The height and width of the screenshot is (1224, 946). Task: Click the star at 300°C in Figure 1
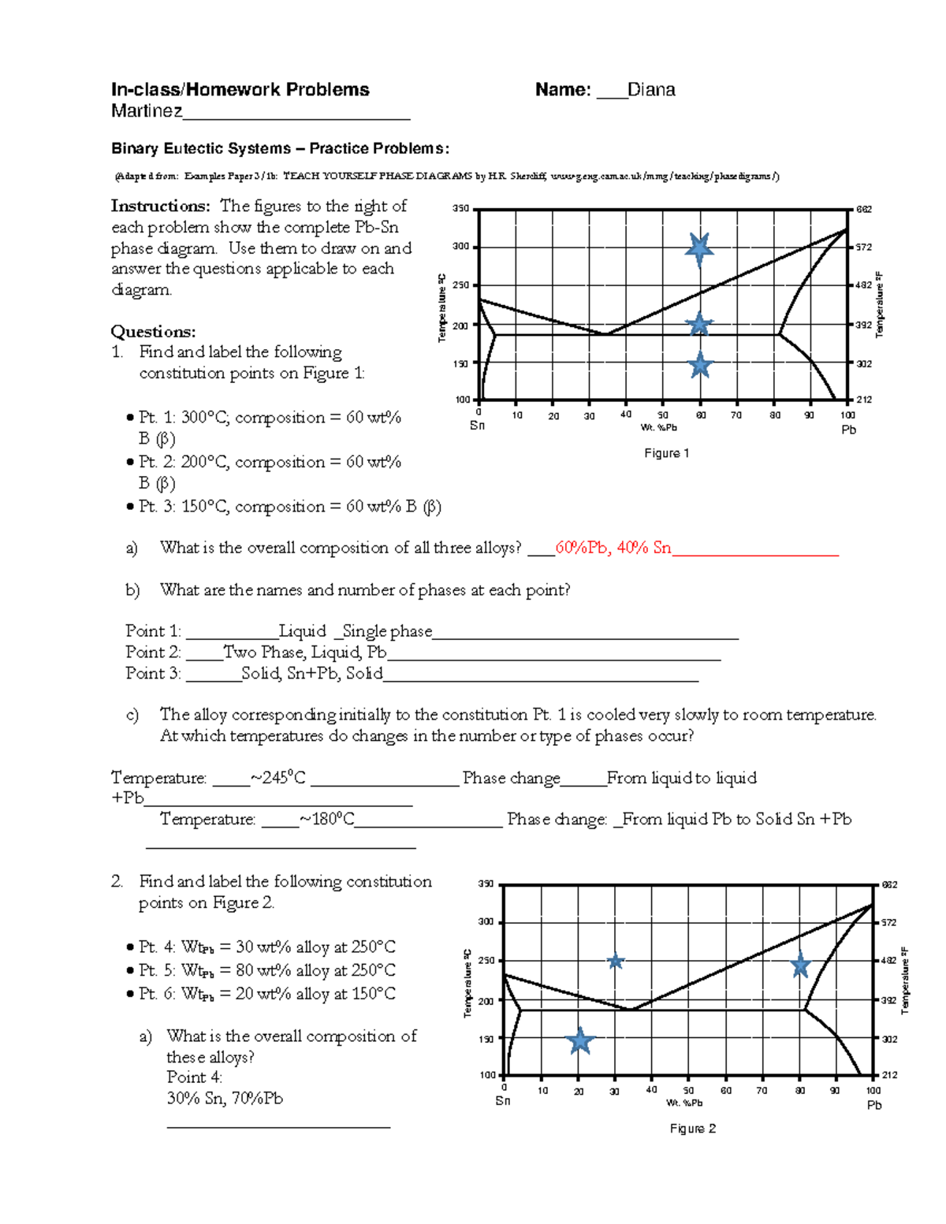pos(699,248)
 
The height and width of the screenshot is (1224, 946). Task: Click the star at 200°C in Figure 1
pos(699,324)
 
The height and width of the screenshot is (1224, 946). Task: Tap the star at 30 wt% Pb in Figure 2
pos(616,962)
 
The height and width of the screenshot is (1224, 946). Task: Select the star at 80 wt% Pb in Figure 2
pos(800,965)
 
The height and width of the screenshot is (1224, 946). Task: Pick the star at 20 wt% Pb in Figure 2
pos(580,1040)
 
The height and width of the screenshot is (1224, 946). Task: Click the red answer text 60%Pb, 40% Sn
pos(613,548)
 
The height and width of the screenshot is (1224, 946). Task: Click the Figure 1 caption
pos(666,453)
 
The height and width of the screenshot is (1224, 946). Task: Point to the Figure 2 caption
pos(692,1129)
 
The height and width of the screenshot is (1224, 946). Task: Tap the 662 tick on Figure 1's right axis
pos(864,210)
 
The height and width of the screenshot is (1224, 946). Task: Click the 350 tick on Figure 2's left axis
pos(486,884)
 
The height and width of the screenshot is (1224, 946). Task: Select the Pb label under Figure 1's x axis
pos(848,430)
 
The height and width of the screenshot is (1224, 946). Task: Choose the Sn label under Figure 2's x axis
pos(503,1101)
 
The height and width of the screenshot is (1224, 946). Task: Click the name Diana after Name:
pos(651,90)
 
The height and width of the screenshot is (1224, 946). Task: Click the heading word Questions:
pos(153,331)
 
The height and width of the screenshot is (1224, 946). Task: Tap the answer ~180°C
pos(326,820)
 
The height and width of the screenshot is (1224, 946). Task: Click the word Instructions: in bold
pos(161,206)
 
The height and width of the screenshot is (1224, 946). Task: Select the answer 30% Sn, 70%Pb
pos(225,1098)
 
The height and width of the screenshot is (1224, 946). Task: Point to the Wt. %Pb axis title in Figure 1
pos(659,427)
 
